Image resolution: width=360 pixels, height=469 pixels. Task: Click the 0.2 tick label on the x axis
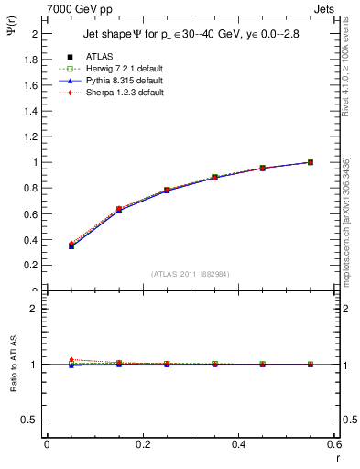(x=142, y=445)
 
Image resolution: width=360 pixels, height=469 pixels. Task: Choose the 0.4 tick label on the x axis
(x=238, y=445)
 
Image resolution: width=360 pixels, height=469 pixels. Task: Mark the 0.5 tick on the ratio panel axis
(x=31, y=420)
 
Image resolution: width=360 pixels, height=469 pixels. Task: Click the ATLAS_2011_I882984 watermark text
(x=191, y=273)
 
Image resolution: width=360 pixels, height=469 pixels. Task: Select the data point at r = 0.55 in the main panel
(x=311, y=162)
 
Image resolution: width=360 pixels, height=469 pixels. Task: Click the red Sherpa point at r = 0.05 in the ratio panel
(x=71, y=360)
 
